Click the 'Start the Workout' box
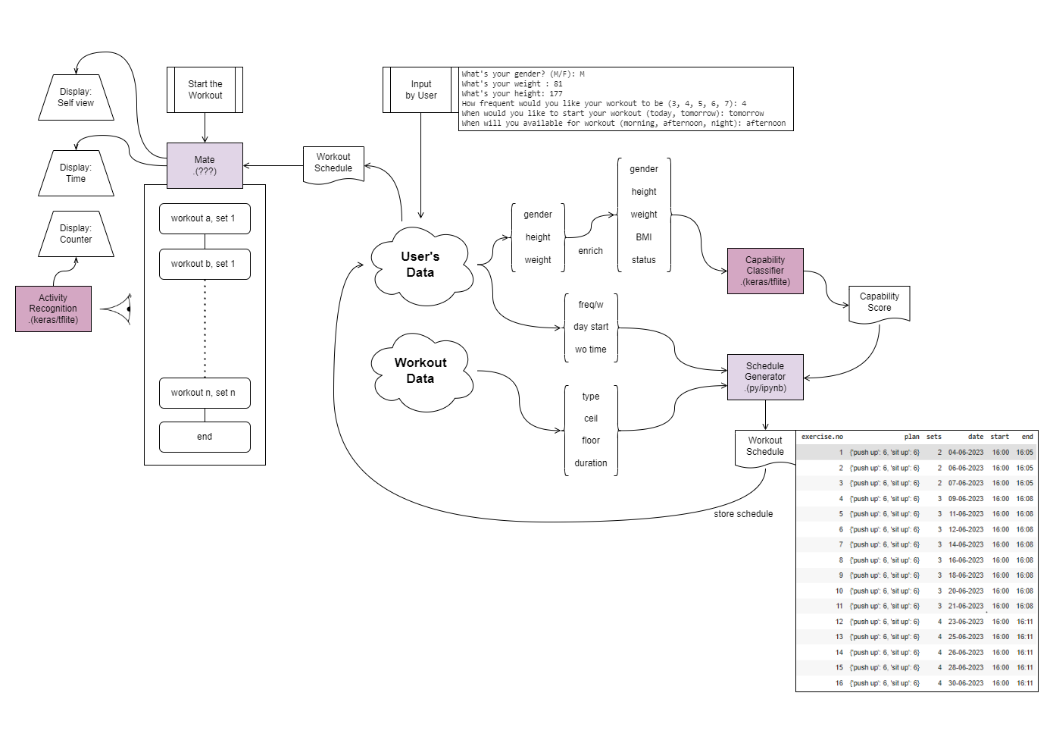[205, 89]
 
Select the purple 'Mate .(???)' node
[205, 165]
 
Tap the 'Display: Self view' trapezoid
[76, 97]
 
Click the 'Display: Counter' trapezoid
[76, 234]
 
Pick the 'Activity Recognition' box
[53, 309]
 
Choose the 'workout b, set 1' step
[205, 264]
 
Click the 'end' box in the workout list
[205, 437]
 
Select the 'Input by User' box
[420, 89]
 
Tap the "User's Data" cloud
[420, 265]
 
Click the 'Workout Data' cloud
[420, 371]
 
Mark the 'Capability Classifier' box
[765, 271]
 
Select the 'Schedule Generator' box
[765, 377]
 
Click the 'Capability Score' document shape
[879, 303]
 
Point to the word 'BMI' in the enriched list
[644, 237]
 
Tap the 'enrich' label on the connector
[591, 251]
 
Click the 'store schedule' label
[743, 514]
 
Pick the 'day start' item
[591, 327]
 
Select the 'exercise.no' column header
[822, 437]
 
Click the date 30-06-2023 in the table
[966, 683]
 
